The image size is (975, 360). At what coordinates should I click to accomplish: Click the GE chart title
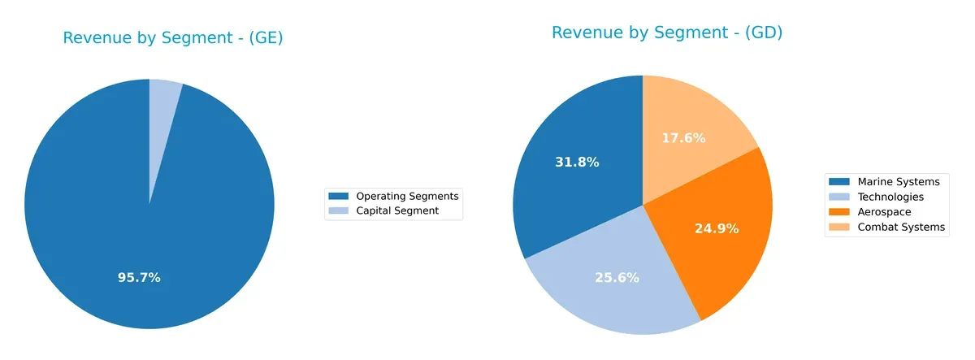[173, 38]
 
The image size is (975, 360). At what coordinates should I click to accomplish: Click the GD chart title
[666, 33]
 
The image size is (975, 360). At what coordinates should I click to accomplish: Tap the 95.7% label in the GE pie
[139, 278]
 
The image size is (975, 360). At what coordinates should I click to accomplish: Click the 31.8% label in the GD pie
[578, 163]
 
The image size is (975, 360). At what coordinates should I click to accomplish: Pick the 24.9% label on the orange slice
[717, 229]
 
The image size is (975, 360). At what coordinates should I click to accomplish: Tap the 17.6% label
[682, 138]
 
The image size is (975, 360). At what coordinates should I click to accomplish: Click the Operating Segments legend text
[408, 196]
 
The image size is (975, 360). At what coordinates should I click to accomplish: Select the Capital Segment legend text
[398, 210]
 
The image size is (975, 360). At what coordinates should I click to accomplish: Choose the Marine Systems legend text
[899, 181]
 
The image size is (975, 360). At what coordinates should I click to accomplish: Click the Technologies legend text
[890, 197]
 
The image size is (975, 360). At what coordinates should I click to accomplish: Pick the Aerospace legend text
[885, 212]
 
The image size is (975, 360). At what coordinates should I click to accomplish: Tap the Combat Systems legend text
[901, 228]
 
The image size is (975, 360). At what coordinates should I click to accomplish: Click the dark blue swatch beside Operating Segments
[338, 196]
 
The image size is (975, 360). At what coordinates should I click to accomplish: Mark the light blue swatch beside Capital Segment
[338, 210]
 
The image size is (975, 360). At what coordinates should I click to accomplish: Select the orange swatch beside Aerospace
[839, 212]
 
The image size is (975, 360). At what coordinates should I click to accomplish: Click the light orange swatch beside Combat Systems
[839, 228]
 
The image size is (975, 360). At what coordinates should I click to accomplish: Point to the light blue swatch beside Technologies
[839, 197]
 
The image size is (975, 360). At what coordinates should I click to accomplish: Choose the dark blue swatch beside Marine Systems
[839, 181]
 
